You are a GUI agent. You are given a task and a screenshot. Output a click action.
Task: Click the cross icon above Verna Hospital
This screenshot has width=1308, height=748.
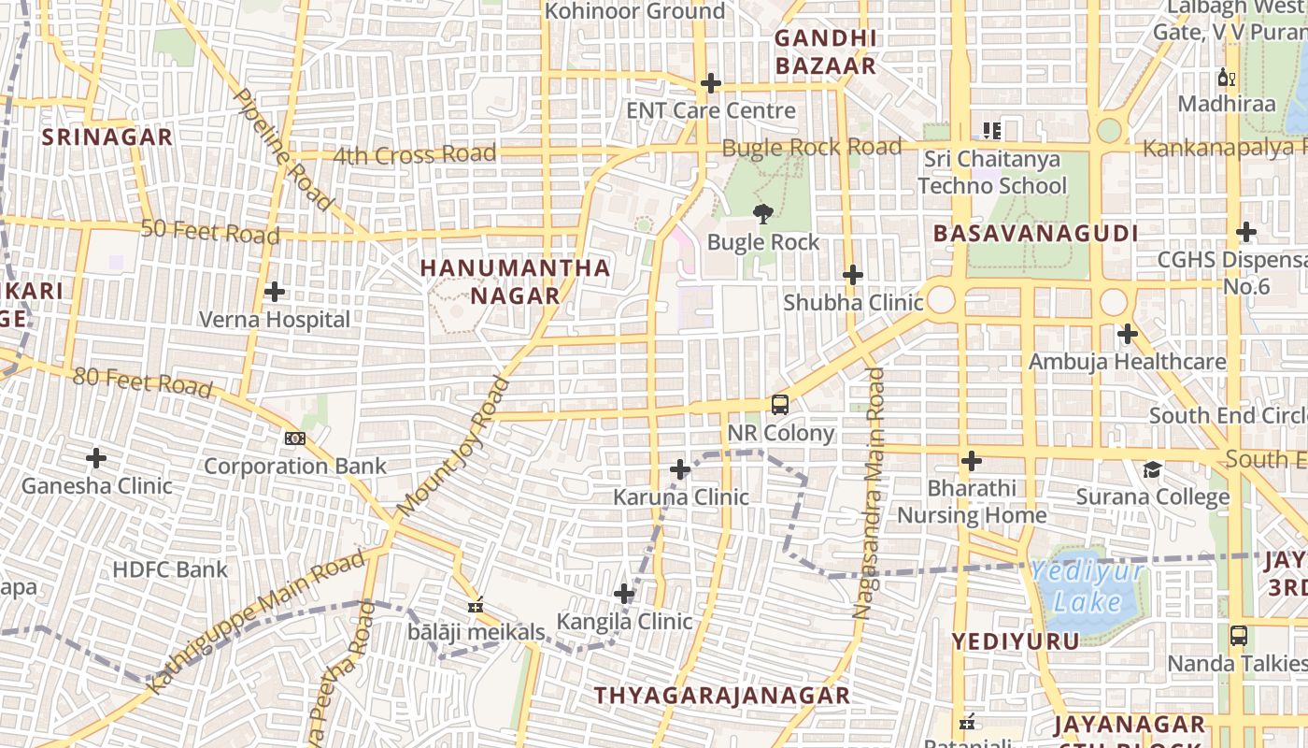(x=274, y=292)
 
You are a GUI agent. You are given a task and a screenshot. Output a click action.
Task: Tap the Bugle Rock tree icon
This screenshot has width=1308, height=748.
(x=763, y=214)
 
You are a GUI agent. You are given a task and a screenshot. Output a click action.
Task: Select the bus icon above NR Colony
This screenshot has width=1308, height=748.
(x=780, y=405)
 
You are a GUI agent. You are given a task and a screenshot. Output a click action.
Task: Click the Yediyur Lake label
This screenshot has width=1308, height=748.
(x=1088, y=586)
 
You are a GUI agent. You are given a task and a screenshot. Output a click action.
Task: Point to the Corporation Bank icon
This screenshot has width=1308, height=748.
(x=294, y=438)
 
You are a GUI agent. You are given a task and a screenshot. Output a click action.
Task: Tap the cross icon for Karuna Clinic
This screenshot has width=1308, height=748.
(x=680, y=469)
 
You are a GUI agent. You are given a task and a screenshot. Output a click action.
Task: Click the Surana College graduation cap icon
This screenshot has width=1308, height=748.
(x=1153, y=469)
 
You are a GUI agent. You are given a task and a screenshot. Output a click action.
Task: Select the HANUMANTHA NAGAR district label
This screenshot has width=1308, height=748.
(x=515, y=281)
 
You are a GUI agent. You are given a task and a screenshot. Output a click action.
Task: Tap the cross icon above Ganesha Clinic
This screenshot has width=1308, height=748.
(x=96, y=458)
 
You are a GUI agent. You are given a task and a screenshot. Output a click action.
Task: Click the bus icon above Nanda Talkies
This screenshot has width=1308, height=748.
(x=1238, y=636)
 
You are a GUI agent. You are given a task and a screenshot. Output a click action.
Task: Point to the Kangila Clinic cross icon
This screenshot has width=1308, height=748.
(x=624, y=594)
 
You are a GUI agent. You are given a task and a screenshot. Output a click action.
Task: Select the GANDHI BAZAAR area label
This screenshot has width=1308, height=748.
(x=826, y=52)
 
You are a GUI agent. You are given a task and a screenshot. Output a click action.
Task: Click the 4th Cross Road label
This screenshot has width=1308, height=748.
(x=414, y=154)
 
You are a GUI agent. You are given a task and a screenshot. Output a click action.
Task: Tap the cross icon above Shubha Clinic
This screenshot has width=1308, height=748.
(x=852, y=275)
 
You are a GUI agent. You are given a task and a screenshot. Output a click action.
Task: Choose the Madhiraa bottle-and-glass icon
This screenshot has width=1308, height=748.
(x=1226, y=77)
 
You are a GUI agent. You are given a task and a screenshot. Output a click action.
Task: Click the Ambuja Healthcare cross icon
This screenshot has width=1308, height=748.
(x=1127, y=334)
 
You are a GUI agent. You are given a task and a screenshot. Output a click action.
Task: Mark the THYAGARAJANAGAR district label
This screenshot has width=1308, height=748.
(x=722, y=696)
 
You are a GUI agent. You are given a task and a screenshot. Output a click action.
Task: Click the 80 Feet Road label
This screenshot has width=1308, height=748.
(x=142, y=381)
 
